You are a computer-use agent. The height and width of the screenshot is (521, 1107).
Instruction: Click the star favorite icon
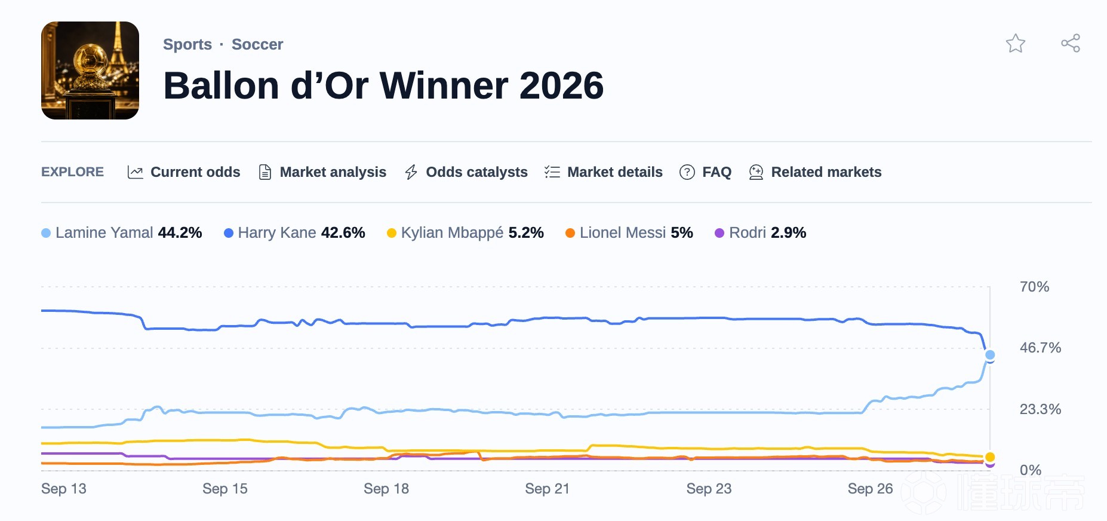coord(1015,44)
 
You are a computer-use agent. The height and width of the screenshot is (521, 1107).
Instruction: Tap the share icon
coord(1071,43)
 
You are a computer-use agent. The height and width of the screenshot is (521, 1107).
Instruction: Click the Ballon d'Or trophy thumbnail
coord(90,71)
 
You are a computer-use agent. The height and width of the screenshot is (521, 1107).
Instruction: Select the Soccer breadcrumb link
coord(257,44)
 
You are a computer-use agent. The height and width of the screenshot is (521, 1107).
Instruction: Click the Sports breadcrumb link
coord(187,44)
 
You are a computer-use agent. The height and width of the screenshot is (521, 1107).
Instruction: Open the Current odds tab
coord(184,172)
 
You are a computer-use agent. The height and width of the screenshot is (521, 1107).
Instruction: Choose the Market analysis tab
coord(322,172)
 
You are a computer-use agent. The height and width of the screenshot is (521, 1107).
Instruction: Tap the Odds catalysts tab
coord(466,172)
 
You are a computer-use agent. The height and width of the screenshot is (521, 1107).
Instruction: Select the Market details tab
coord(604,172)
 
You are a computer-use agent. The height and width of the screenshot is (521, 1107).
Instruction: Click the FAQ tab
coord(706,172)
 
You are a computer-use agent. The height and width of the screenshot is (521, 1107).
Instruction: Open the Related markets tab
coord(815,172)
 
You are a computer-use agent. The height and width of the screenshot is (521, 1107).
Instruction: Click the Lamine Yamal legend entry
coord(122,232)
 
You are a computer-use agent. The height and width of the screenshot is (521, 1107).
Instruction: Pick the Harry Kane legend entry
coord(294,232)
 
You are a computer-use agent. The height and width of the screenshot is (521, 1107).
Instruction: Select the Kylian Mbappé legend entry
coord(465,232)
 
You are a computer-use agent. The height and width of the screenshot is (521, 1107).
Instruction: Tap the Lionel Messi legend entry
coord(629,232)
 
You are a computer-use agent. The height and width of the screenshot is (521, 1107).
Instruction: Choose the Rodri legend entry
coord(761,232)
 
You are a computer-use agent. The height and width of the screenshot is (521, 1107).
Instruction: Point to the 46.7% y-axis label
coord(1040,348)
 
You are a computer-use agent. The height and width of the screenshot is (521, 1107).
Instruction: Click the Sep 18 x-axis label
coord(386,489)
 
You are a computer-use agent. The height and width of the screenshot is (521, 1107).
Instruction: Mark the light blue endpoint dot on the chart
coord(990,355)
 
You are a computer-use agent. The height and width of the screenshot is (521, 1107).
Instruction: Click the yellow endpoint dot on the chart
coord(990,457)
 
